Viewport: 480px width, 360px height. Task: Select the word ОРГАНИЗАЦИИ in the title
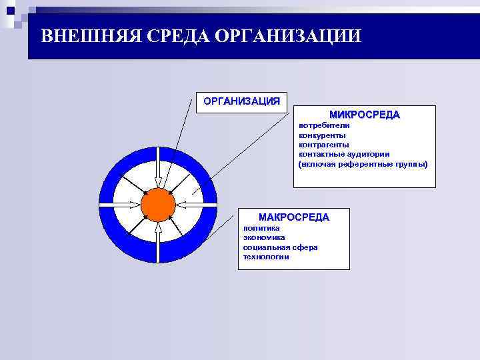tap(288, 35)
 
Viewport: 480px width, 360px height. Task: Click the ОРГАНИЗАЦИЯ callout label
tap(241, 101)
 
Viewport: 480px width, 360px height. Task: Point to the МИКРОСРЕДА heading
tap(365, 115)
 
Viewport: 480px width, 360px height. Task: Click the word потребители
tap(323, 125)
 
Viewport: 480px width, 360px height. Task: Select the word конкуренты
tap(322, 135)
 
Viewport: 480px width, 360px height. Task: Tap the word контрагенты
tap(324, 145)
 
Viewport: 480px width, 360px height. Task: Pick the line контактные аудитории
tap(344, 154)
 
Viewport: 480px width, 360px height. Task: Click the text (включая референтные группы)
tap(363, 164)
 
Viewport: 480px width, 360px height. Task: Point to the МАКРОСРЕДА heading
tap(293, 217)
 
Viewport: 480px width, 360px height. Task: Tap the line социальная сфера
tap(280, 247)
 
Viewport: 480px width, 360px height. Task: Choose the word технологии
tap(266, 257)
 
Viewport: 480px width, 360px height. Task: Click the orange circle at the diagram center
tap(158, 205)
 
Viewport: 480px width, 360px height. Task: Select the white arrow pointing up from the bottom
tap(158, 243)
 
